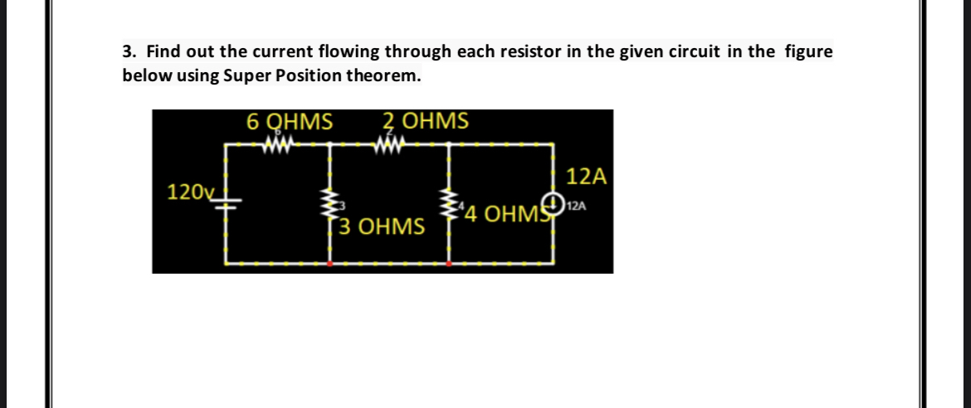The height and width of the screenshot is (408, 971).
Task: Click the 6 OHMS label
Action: click(290, 122)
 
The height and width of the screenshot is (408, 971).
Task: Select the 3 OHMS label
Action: click(383, 226)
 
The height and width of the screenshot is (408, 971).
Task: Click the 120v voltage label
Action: click(189, 193)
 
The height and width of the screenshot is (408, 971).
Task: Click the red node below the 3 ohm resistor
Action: click(332, 264)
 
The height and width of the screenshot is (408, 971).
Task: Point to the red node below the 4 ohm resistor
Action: click(450, 264)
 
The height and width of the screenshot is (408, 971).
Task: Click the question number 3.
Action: click(128, 51)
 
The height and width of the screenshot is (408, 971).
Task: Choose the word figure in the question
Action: click(808, 51)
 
